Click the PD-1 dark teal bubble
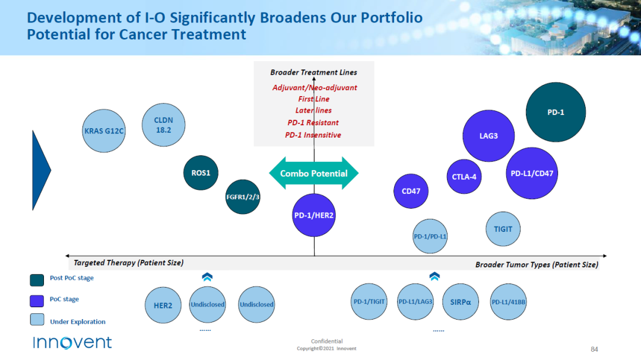pyautogui.click(x=556, y=112)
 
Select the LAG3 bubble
pyautogui.click(x=488, y=136)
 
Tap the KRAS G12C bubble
pyautogui.click(x=104, y=130)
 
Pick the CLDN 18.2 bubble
pyautogui.click(x=164, y=125)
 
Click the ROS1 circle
pyautogui.click(x=201, y=173)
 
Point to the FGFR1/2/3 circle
pyautogui.click(x=243, y=196)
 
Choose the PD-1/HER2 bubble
pyautogui.click(x=314, y=215)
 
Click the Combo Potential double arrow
pyautogui.click(x=313, y=173)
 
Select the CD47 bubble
pyautogui.click(x=411, y=191)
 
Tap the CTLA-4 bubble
pyautogui.click(x=464, y=177)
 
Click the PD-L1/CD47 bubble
pyautogui.click(x=532, y=173)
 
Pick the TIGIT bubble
pyautogui.click(x=503, y=229)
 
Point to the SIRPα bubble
pyautogui.click(x=461, y=302)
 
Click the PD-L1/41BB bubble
pyautogui.click(x=508, y=302)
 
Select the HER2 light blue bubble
pyautogui.click(x=163, y=305)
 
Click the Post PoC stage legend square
pyautogui.click(x=37, y=280)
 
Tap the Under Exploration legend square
pyautogui.click(x=37, y=320)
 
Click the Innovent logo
pyautogui.click(x=72, y=342)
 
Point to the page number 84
pyautogui.click(x=594, y=349)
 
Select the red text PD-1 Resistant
pyautogui.click(x=313, y=123)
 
